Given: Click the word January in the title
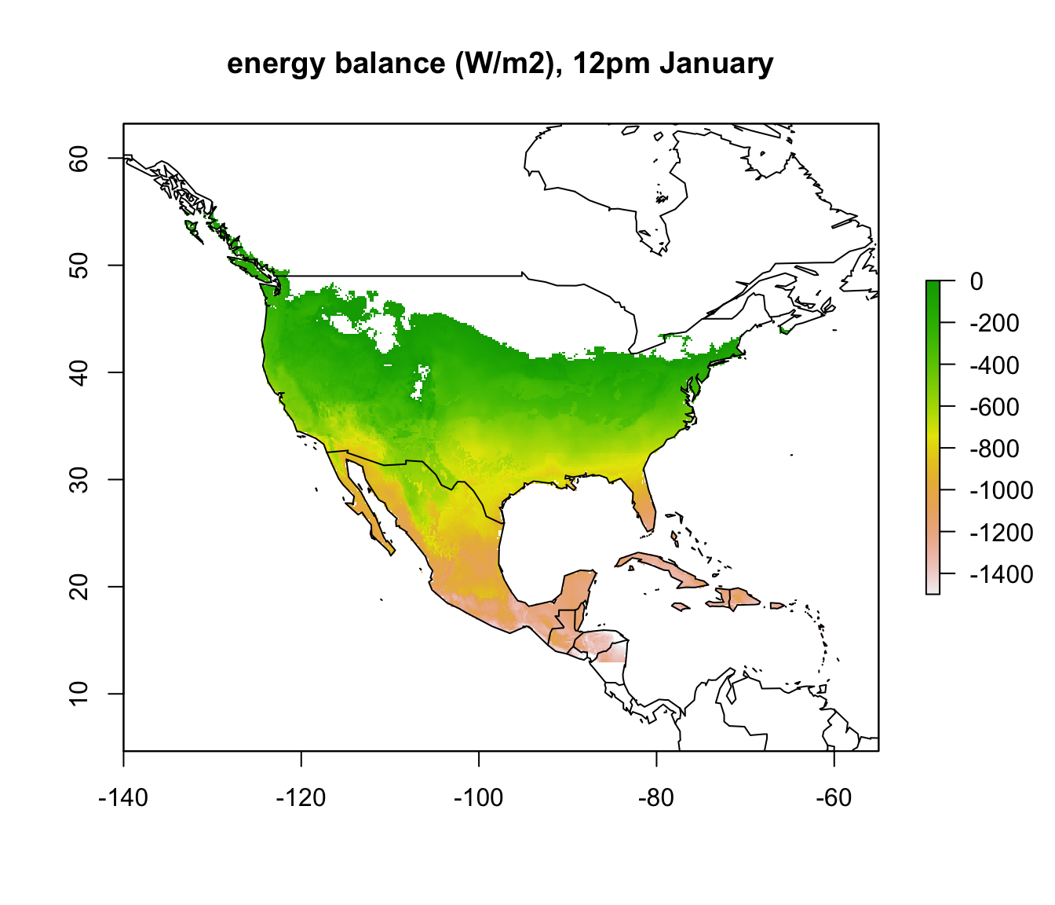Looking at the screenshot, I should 716,64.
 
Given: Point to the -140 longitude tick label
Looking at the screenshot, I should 123,798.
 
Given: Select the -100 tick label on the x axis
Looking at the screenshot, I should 479,798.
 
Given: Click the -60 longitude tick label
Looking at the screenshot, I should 834,798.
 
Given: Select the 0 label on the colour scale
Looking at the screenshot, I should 977,281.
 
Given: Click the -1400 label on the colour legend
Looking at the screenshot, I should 994,574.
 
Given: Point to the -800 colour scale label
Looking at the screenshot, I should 994,449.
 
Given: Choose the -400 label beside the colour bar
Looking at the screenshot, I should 994,365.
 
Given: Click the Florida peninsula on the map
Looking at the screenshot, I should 645,503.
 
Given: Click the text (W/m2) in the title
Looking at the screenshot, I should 499,64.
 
